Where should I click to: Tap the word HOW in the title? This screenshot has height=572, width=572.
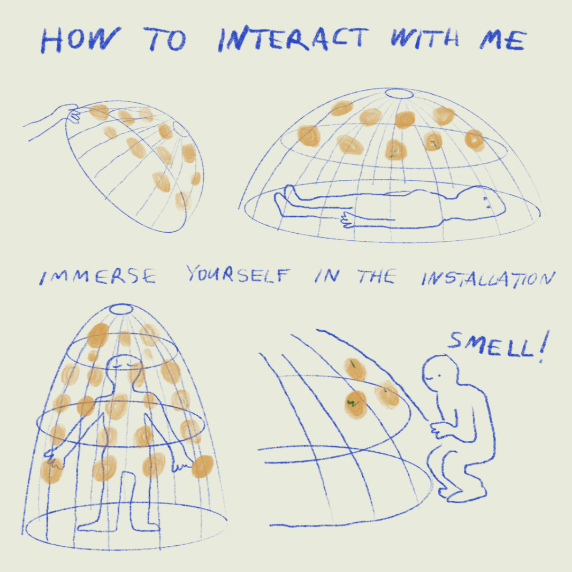pos(80,40)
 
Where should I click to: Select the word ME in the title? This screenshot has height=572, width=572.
pos(503,40)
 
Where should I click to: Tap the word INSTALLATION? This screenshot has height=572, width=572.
pos(488,279)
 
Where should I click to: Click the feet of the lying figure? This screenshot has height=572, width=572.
pos(285,200)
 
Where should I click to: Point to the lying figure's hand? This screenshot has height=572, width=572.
pos(348,219)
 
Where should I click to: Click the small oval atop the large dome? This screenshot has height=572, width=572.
pos(399,94)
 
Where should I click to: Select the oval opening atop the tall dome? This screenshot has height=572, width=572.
pos(121,309)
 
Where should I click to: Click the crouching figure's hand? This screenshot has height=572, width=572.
pos(440,429)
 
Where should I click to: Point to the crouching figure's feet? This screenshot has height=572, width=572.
pos(461,492)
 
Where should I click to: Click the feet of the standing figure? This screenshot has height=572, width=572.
pos(119,526)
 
